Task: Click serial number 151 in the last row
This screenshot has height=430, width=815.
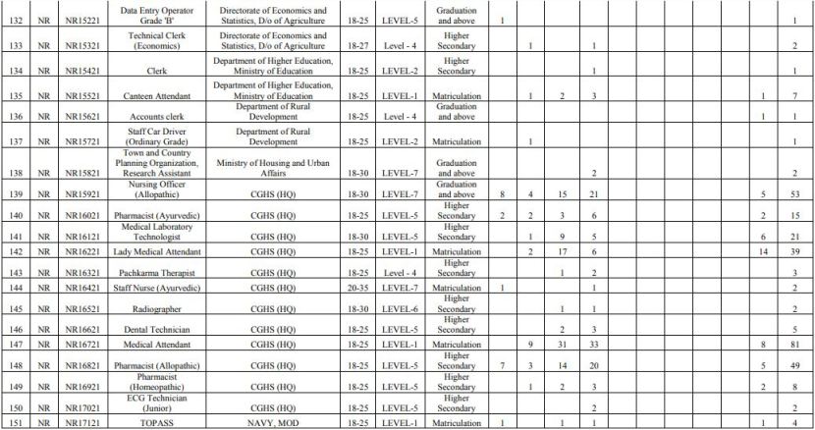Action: click(x=14, y=423)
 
